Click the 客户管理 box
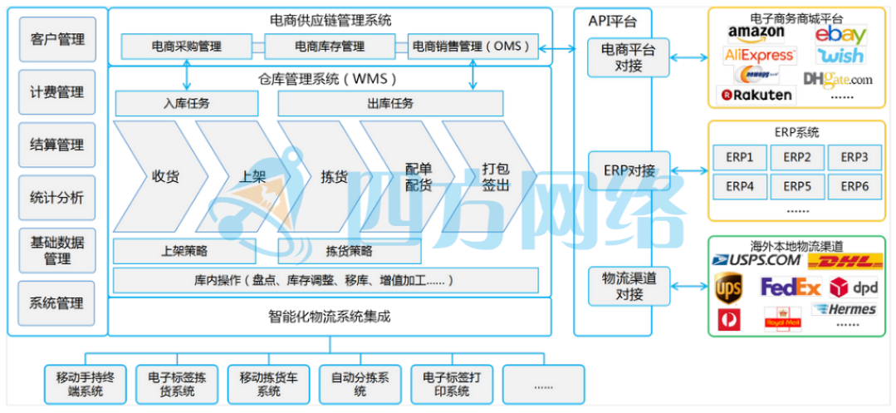[x=57, y=39]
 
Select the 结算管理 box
[x=57, y=145]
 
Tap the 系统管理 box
[x=57, y=302]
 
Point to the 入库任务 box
[x=187, y=104]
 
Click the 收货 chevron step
[x=158, y=176]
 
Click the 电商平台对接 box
[x=628, y=57]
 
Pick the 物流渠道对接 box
[x=628, y=285]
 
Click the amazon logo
[x=756, y=33]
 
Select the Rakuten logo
[x=757, y=95]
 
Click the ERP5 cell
[x=796, y=185]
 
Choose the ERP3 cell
[x=854, y=157]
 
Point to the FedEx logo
[x=790, y=288]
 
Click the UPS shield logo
[x=729, y=288]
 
